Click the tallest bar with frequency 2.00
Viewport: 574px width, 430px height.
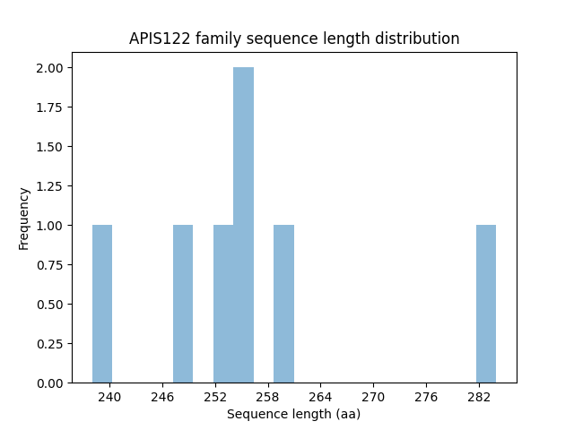243,225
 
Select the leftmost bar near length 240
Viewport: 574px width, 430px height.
102,304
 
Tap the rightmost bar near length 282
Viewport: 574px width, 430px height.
486,304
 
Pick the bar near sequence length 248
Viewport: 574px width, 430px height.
183,304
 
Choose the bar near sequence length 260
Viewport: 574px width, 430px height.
283,304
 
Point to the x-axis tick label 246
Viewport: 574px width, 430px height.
162,396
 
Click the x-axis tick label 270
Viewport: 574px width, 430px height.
373,396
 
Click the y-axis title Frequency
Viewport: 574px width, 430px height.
24,218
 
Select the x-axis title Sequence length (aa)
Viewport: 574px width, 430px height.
293,414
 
